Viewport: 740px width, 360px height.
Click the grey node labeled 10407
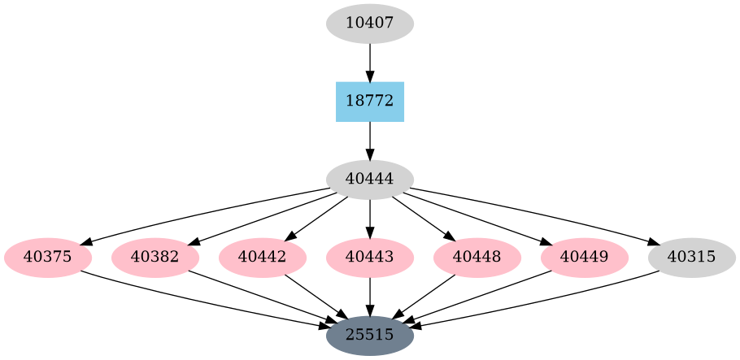(369, 24)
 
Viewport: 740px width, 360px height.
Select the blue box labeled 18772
(369, 102)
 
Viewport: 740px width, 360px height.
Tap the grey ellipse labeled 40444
(369, 180)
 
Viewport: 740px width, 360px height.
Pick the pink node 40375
(48, 258)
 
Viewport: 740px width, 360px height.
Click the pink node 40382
(155, 258)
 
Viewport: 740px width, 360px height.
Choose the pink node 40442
(263, 258)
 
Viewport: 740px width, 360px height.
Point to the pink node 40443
(369, 258)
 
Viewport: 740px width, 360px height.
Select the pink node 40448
(477, 258)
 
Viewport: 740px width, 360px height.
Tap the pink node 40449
(584, 258)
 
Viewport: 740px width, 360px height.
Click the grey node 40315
(691, 258)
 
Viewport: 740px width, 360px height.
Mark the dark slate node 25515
(369, 335)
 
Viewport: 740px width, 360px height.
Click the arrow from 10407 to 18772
(369, 62)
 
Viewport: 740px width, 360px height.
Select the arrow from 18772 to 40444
(369, 140)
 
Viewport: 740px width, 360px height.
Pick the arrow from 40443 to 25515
(369, 296)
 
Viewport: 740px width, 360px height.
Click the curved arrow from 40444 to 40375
(203, 213)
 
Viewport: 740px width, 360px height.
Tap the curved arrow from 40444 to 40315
(537, 213)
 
